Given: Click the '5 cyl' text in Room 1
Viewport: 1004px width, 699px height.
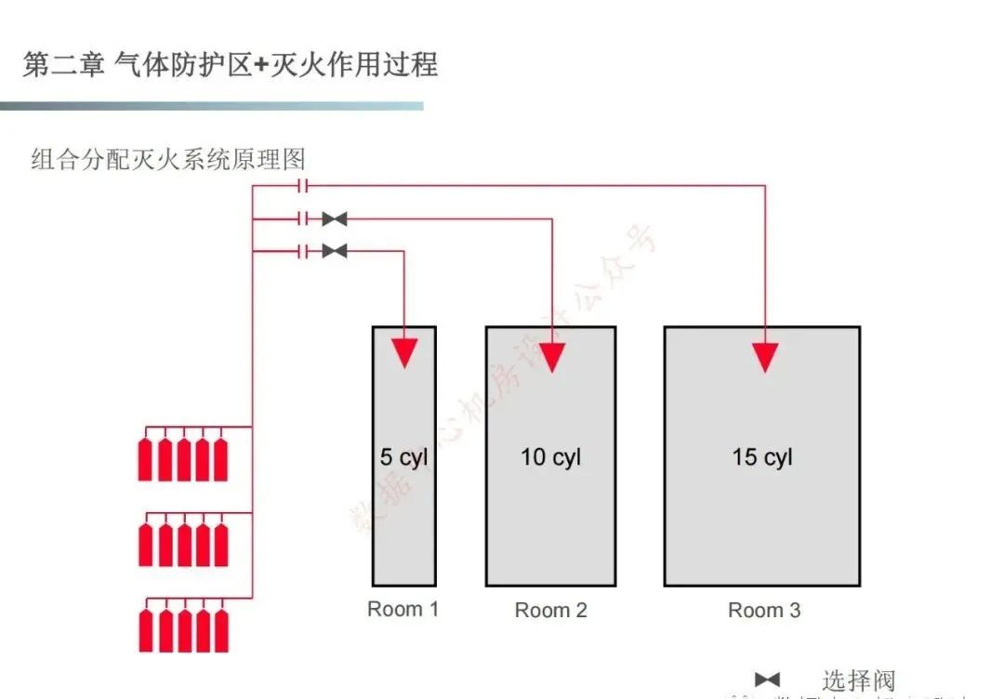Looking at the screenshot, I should point(403,457).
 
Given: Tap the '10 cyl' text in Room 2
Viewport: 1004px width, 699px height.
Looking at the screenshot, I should point(550,457).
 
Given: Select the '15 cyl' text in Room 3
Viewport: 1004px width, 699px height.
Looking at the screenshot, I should point(761,457).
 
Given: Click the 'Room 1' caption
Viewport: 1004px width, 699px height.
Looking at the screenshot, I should point(403,610).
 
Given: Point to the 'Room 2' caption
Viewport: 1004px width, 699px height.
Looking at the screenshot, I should point(550,611).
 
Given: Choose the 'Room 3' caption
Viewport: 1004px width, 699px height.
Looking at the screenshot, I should point(763,611).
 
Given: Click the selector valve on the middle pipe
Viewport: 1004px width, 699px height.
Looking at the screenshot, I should point(335,219).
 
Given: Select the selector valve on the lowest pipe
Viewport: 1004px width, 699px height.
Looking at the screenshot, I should point(335,251).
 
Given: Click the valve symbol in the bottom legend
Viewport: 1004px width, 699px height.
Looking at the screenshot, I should point(767,679).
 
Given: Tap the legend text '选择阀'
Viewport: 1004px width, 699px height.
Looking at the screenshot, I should point(857,679).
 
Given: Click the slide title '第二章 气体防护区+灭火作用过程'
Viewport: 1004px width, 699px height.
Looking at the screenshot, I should point(230,65).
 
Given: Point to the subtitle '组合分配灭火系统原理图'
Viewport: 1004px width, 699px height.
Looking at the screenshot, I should point(168,159).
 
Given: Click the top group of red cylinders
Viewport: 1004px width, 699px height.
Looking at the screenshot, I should point(183,455).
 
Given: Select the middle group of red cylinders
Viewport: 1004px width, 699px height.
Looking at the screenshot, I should point(183,541).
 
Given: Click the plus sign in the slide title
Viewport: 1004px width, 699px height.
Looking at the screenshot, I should point(261,66).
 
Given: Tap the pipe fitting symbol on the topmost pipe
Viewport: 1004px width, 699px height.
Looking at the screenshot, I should point(301,186).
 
